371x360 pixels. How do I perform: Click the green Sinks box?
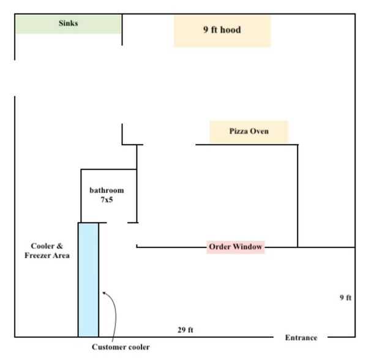click(68, 24)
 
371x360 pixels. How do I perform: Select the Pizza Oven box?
click(249, 132)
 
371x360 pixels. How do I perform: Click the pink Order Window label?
click(236, 247)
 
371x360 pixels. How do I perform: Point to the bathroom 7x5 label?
click(107, 195)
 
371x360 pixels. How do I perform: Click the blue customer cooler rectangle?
click(88, 279)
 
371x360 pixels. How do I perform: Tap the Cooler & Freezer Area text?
click(47, 251)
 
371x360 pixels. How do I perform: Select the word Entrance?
click(301, 338)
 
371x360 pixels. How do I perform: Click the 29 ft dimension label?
click(185, 330)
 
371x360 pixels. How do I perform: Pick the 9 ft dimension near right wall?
click(345, 298)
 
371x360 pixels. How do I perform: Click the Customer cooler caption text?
click(121, 348)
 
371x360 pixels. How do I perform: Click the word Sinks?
click(68, 24)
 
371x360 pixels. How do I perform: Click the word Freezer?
click(38, 256)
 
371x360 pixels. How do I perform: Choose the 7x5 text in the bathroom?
click(107, 200)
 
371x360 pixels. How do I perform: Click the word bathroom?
click(107, 190)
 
